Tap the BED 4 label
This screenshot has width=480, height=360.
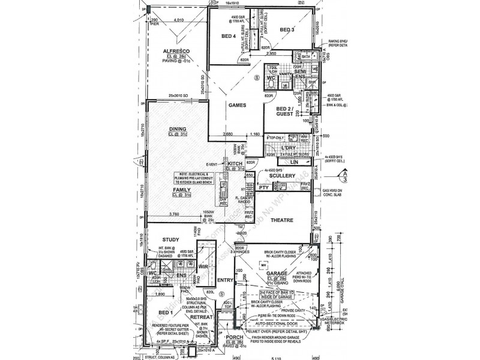[229, 37]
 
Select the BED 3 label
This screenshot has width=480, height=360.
[287, 29]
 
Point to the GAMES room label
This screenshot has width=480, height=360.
[238, 104]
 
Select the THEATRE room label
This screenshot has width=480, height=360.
[281, 220]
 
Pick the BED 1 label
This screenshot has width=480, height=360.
[164, 313]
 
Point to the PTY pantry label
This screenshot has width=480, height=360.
[263, 188]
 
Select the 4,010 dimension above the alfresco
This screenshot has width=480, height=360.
[178, 20]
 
